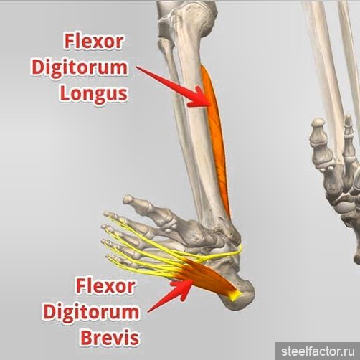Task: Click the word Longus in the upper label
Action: coord(93,94)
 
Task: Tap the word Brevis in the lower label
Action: coord(110,338)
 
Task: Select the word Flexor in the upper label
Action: coord(93,42)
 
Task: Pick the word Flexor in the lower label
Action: coord(105,286)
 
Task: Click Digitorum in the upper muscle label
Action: coord(80,68)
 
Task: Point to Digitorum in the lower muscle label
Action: coord(91,313)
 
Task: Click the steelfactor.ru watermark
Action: coord(318,351)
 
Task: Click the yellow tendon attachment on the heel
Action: coord(235,295)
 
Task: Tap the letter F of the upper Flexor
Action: coord(68,42)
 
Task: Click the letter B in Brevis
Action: coord(85,338)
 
